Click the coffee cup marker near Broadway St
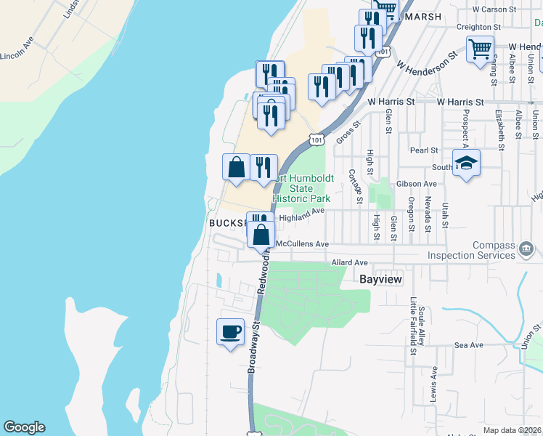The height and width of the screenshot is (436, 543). (x=231, y=331)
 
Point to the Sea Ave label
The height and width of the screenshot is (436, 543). (x=468, y=345)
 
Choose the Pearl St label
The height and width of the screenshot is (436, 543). (x=425, y=150)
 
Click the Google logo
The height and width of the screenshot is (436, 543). (x=24, y=427)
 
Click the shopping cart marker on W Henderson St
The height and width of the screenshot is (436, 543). (x=480, y=50)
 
